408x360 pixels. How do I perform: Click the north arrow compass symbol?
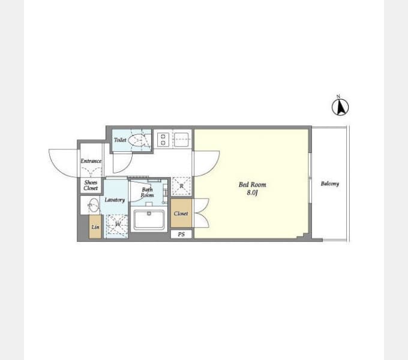click(x=340, y=106)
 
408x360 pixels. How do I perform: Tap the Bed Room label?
click(x=253, y=185)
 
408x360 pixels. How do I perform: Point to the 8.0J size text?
click(x=252, y=193)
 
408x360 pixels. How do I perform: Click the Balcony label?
click(x=330, y=184)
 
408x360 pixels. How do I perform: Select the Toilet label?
click(x=120, y=140)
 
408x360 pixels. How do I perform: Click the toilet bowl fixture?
click(x=137, y=140)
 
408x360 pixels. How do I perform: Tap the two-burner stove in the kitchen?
click(x=163, y=140)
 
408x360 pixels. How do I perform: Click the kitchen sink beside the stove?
click(x=181, y=139)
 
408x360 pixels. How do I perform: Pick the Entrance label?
click(x=91, y=161)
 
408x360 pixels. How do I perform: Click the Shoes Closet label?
click(x=91, y=185)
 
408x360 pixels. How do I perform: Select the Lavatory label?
click(x=115, y=200)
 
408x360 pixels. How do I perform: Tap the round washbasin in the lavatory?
click(x=93, y=205)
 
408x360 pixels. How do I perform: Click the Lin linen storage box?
click(x=95, y=227)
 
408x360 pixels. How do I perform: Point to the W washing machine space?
click(x=117, y=226)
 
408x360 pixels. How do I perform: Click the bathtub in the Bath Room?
click(x=149, y=220)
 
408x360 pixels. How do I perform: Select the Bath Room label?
click(x=147, y=192)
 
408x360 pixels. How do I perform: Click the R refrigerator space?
click(x=181, y=186)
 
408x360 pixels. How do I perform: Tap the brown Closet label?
click(x=181, y=214)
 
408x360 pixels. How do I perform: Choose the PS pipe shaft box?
click(x=181, y=234)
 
